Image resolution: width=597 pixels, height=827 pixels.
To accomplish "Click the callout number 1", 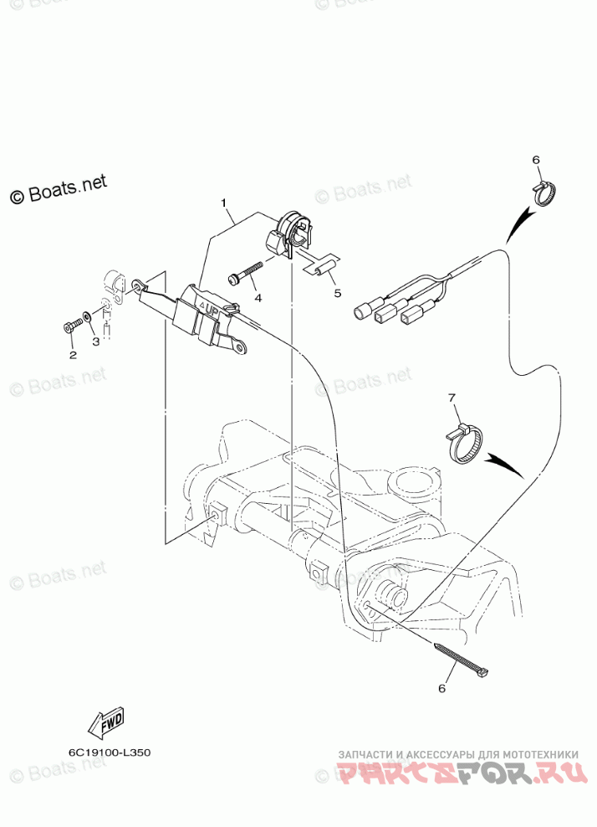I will tap(224, 203).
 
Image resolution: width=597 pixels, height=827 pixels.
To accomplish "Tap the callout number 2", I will tap(73, 355).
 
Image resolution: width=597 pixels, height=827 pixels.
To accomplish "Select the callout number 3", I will tap(95, 342).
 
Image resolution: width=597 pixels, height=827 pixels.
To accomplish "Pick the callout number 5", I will tap(338, 293).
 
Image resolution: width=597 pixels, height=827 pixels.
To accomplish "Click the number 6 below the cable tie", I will tap(443, 688).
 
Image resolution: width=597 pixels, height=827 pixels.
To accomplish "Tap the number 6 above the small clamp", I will tap(536, 160).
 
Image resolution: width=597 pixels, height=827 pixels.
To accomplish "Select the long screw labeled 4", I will tap(244, 273).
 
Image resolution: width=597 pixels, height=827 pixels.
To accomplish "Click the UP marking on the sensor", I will tap(209, 310).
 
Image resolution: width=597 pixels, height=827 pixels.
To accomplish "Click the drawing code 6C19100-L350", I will tap(110, 752).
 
